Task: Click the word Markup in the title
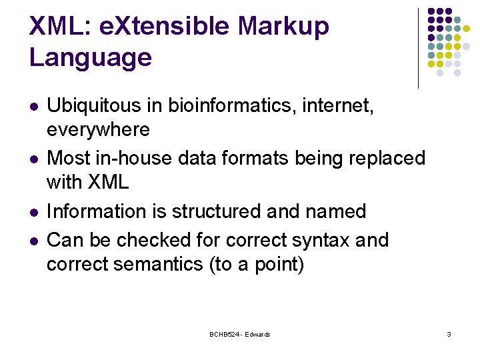[x=283, y=26]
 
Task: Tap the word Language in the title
[x=91, y=58]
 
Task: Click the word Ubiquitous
[x=105, y=106]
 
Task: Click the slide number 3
[x=449, y=334]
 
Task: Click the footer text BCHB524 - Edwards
[x=239, y=334]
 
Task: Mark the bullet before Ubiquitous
[x=34, y=107]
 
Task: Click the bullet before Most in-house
[x=34, y=159]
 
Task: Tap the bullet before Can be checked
[x=34, y=240]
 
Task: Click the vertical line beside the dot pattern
[x=418, y=48]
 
